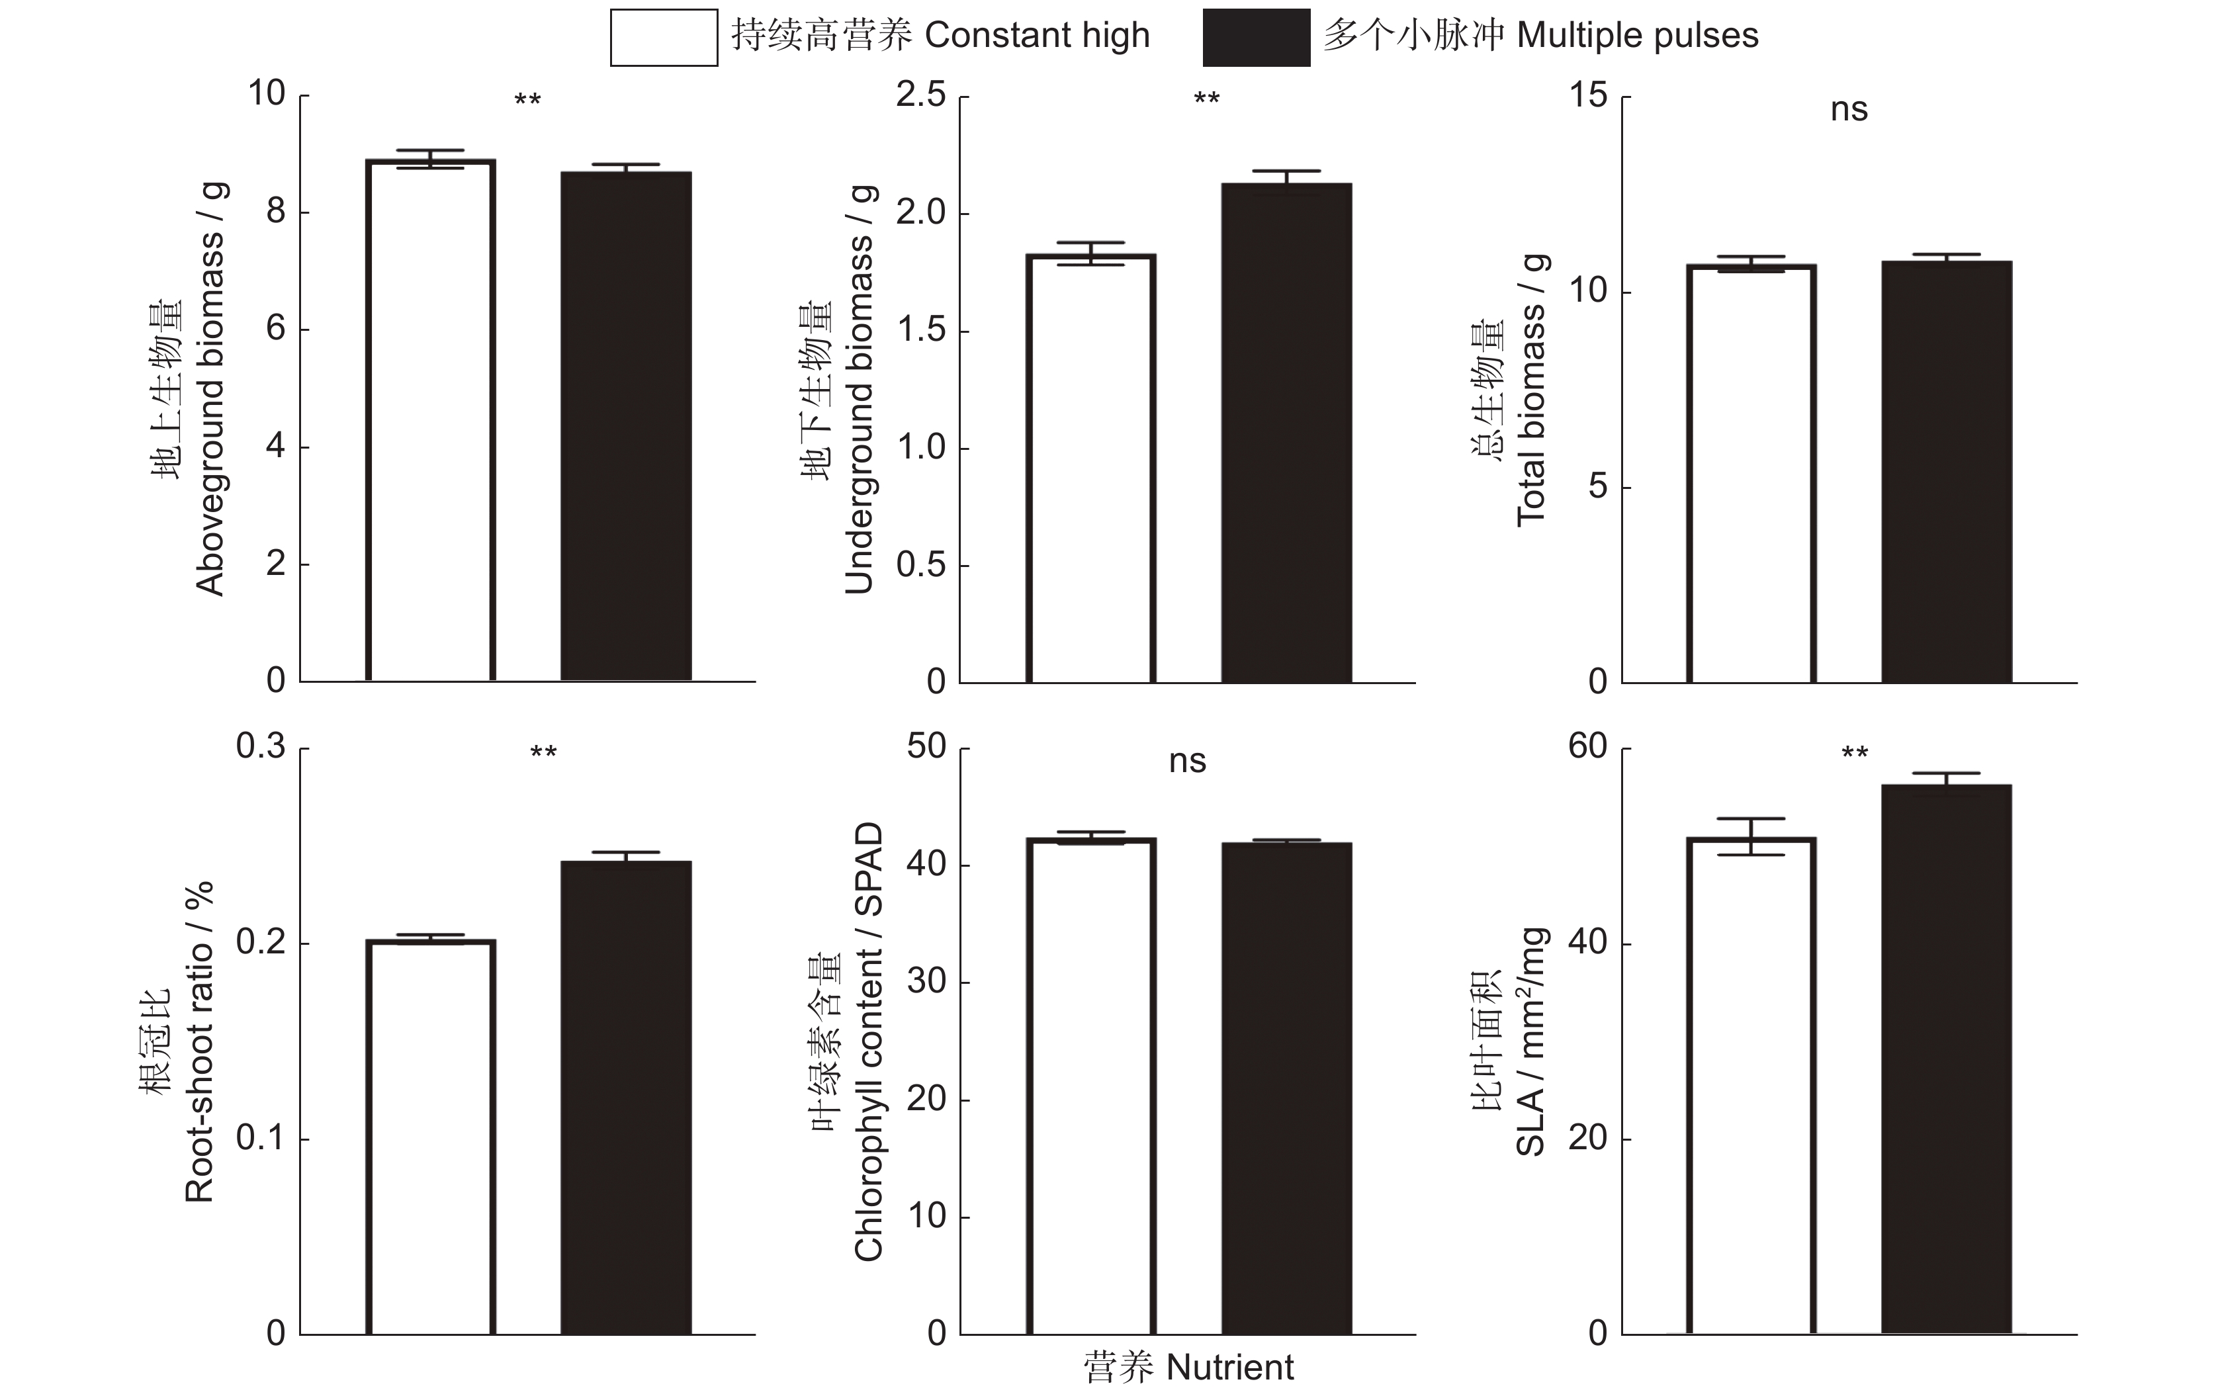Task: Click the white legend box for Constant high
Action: (x=664, y=38)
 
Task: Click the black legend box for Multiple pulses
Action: (x=1256, y=38)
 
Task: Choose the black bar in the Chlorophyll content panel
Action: (x=1286, y=1088)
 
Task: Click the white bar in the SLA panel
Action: (x=1751, y=1086)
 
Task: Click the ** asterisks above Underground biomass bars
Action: (x=1206, y=99)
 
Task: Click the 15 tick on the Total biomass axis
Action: (x=1589, y=95)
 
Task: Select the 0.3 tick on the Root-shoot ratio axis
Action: (x=261, y=746)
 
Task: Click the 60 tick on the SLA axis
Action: (x=1588, y=746)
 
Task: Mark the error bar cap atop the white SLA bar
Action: (x=1751, y=818)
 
